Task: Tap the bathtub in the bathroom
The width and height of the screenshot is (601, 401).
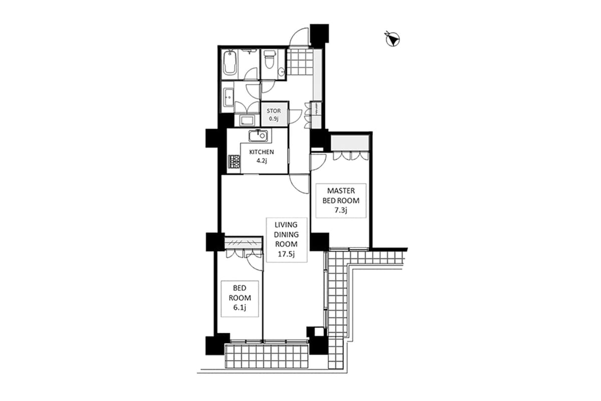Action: [x=230, y=63]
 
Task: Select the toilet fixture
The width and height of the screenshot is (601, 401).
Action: [x=269, y=60]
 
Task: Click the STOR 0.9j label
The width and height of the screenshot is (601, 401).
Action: [x=274, y=114]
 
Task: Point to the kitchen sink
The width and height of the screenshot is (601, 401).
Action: [x=258, y=135]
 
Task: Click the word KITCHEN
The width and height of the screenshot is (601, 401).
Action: [x=262, y=152]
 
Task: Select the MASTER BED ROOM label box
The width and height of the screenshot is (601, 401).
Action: [x=341, y=200]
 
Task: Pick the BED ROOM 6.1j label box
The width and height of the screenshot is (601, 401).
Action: [x=239, y=298]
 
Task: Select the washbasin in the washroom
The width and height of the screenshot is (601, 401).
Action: [x=229, y=97]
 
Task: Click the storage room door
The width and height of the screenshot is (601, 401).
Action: [x=294, y=116]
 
